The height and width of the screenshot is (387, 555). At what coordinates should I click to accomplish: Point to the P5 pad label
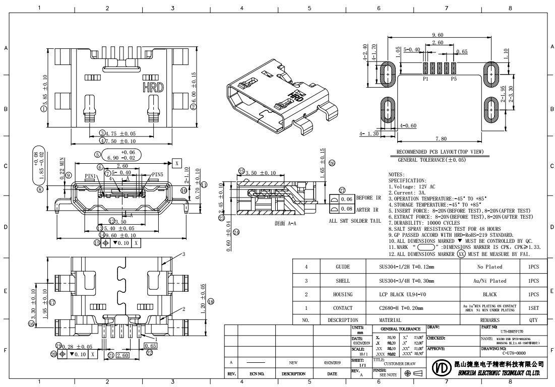point(454,79)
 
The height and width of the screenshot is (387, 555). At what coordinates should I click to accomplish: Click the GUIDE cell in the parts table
point(342,267)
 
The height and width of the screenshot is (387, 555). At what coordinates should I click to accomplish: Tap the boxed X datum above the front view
point(177,163)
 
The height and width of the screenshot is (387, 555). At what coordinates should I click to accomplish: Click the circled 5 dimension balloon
point(98,154)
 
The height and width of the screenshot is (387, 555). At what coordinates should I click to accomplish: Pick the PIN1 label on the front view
point(91,175)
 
